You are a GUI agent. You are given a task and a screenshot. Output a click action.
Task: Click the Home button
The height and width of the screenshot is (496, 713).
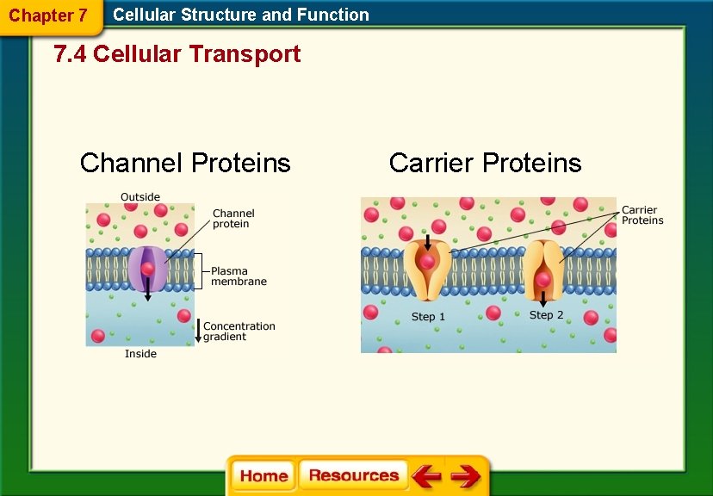[x=263, y=475]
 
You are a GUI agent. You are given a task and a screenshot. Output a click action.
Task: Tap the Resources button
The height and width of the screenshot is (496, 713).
[x=354, y=475]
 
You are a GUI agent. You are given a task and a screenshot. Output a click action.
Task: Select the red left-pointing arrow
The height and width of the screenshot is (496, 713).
[x=425, y=475]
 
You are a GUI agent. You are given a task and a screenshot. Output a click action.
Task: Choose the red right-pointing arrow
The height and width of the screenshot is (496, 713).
[x=466, y=475]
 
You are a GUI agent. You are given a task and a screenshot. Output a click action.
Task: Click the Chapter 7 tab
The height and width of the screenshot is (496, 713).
[x=48, y=15]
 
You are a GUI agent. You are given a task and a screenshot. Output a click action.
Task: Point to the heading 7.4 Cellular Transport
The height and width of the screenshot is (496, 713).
[x=177, y=54]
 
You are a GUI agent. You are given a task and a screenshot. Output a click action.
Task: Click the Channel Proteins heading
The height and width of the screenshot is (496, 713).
[x=185, y=163]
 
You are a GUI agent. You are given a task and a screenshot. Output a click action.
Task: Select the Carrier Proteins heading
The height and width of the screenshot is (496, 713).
[x=485, y=163]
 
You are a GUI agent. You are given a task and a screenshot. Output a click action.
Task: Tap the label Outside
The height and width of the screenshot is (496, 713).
[x=140, y=197]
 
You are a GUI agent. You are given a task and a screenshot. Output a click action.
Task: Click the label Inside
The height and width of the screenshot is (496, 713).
[x=140, y=354]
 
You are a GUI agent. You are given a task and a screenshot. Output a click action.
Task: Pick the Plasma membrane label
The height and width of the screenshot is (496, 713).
[x=239, y=276]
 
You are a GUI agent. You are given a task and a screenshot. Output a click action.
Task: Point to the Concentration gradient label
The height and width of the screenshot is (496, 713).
[x=239, y=332]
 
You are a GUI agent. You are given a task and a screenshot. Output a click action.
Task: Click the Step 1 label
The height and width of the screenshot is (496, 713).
[x=428, y=317]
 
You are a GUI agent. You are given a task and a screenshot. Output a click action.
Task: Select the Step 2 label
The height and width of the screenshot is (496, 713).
[x=546, y=315]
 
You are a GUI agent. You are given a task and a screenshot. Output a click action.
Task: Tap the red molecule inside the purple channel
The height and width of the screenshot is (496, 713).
[x=147, y=269]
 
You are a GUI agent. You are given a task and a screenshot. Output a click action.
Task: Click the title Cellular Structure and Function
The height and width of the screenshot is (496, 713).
[x=241, y=15]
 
